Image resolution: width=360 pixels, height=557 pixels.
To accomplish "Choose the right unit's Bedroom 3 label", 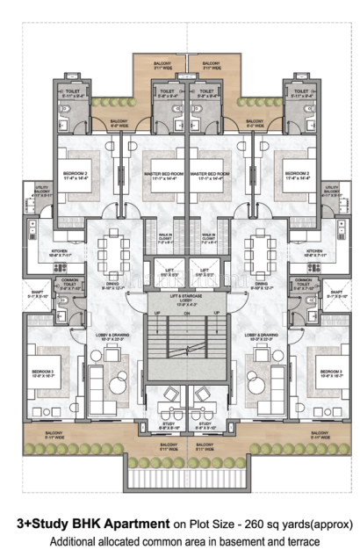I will click(x=330, y=373).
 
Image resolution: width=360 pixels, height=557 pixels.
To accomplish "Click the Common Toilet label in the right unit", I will click(x=303, y=284).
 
